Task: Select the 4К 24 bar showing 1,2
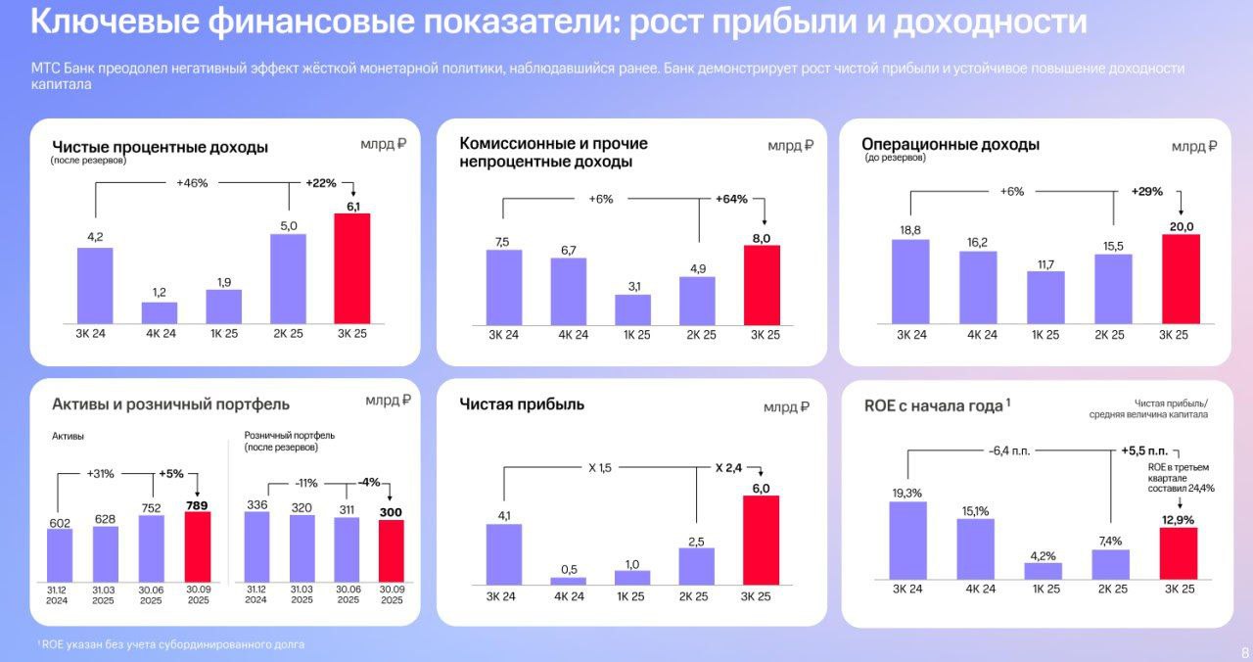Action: pos(160,312)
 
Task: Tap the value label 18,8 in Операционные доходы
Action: pos(909,229)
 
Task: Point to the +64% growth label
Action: pos(731,199)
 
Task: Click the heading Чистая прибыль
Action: pos(522,403)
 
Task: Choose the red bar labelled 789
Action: pos(198,546)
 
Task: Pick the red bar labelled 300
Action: pos(391,550)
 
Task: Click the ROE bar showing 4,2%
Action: pos(1044,571)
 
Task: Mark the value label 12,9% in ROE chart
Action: pos(1177,519)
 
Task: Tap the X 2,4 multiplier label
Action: pos(727,468)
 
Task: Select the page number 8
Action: pos(1244,653)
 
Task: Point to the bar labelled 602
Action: pos(61,555)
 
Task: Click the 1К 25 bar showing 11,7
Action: pos(1044,297)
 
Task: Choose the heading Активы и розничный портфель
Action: pos(170,403)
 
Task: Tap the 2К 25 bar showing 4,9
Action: pos(697,300)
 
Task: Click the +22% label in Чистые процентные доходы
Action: pos(321,183)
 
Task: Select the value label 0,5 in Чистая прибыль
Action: pos(568,569)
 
